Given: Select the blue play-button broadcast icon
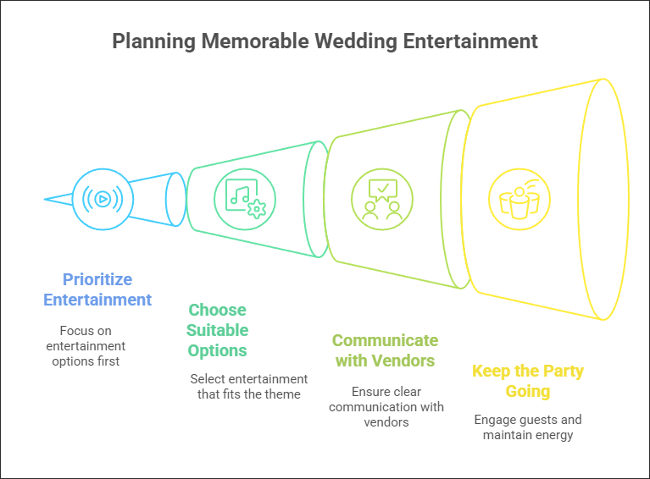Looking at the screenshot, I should [102, 200].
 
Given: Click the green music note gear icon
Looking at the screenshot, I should [244, 199].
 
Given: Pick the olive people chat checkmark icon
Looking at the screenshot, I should [382, 200].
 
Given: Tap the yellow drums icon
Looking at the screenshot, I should [519, 200].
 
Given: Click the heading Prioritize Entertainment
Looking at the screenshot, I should [97, 289].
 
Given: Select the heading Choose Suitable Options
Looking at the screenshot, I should [218, 330].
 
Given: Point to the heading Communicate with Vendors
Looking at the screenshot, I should [385, 350].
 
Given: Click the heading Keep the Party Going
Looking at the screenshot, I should [527, 381].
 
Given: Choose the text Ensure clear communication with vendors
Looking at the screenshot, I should [386, 407].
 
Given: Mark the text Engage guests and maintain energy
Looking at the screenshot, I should [527, 427].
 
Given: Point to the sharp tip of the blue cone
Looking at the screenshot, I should [46, 200].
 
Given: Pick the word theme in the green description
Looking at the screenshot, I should [283, 394].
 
